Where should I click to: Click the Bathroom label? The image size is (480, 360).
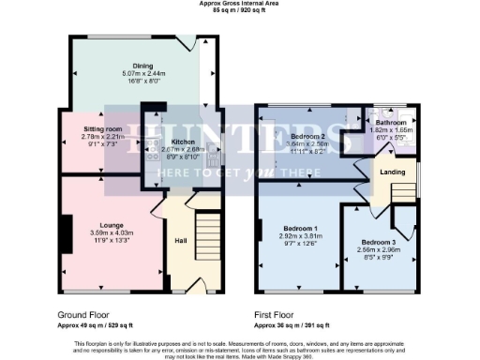[391, 123]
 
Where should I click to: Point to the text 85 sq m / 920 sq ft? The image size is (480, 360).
[239, 10]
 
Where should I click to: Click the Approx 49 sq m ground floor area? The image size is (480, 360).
[95, 325]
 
